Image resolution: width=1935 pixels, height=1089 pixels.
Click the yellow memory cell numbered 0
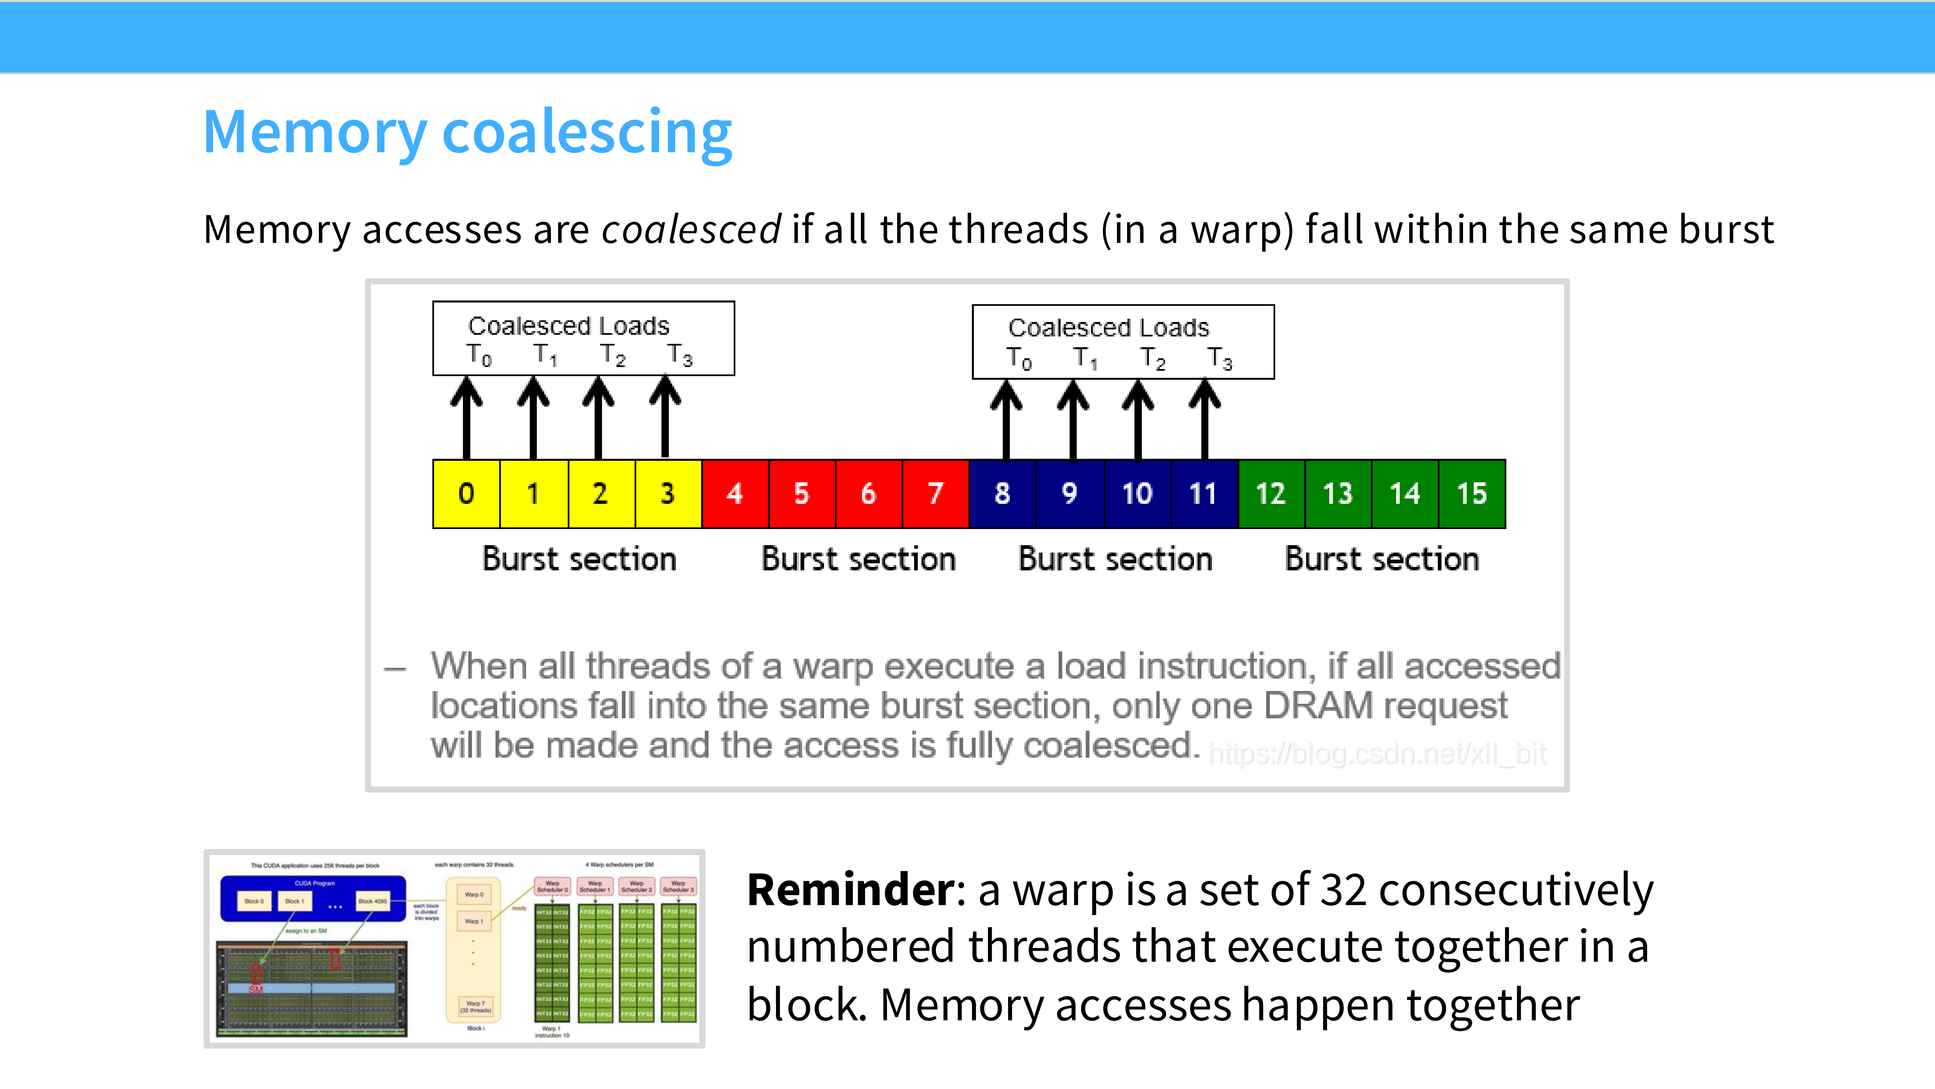click(467, 494)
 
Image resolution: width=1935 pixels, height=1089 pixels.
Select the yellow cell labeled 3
click(667, 494)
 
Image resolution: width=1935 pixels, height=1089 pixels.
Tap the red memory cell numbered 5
click(802, 494)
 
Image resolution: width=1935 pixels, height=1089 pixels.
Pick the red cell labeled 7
click(935, 494)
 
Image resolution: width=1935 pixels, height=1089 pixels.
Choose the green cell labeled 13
click(1338, 494)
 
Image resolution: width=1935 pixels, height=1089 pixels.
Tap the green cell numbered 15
click(1471, 494)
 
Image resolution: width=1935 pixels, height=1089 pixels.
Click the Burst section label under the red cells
click(858, 559)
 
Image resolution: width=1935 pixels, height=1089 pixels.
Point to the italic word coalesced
click(691, 229)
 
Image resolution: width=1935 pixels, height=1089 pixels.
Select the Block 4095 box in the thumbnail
click(373, 900)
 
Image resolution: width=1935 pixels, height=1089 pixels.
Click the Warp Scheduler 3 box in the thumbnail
click(678, 887)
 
